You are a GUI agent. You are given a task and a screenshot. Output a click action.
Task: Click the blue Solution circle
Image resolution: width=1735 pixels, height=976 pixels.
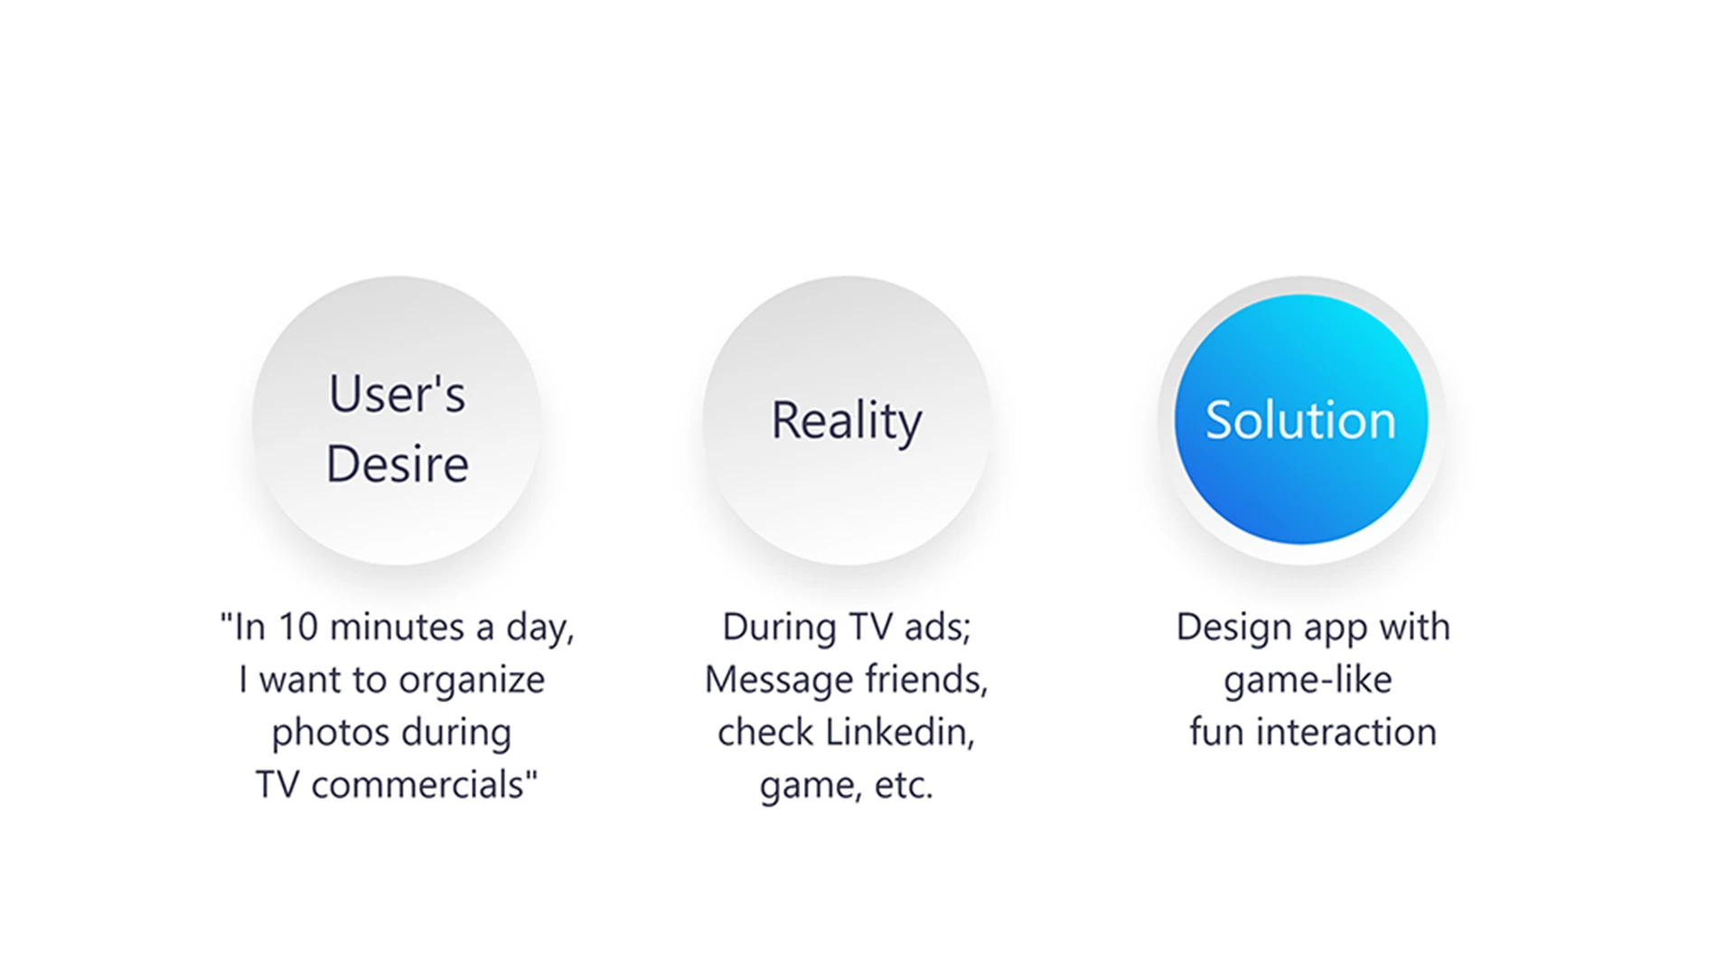[1301, 419]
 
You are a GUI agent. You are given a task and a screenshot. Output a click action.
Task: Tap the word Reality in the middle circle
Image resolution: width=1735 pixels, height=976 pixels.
[847, 421]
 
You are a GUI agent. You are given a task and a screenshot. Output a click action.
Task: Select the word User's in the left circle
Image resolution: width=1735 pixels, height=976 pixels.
[397, 394]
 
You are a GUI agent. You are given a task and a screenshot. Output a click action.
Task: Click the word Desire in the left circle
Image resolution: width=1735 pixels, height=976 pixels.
[397, 465]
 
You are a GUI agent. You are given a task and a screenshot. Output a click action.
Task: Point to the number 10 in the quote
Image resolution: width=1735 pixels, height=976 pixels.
[298, 627]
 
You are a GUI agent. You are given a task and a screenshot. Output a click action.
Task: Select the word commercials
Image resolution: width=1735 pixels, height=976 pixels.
[417, 785]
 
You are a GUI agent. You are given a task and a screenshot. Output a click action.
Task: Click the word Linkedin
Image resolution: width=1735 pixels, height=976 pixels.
[900, 732]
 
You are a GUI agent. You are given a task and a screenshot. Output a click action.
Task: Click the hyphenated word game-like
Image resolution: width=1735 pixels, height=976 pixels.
[1308, 680]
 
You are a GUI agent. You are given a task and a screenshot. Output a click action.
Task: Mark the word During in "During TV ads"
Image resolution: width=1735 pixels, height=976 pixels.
[779, 628]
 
